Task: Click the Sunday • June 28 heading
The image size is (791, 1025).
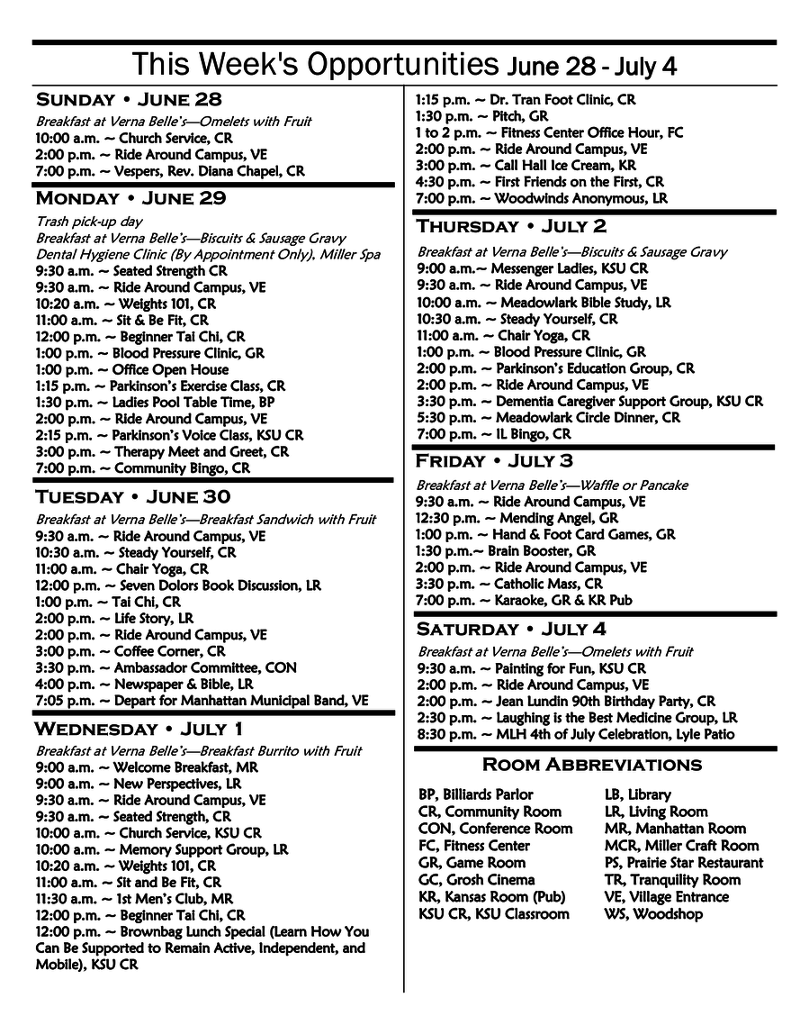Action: coord(129,99)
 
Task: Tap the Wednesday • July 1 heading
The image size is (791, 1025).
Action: coord(138,729)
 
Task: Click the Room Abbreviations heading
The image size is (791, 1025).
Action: coord(591,765)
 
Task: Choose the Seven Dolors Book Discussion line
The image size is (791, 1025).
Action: coord(178,585)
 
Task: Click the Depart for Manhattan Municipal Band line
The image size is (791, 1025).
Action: coord(202,699)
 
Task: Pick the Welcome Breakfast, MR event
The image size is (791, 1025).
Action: coord(147,767)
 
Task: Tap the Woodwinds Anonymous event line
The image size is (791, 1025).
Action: coord(541,198)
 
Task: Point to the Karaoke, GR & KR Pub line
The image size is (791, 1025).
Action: coord(524,600)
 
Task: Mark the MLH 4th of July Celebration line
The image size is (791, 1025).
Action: coord(575,734)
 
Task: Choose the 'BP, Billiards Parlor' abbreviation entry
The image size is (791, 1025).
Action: coord(476,794)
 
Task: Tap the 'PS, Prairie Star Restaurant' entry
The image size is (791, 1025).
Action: coord(683,863)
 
